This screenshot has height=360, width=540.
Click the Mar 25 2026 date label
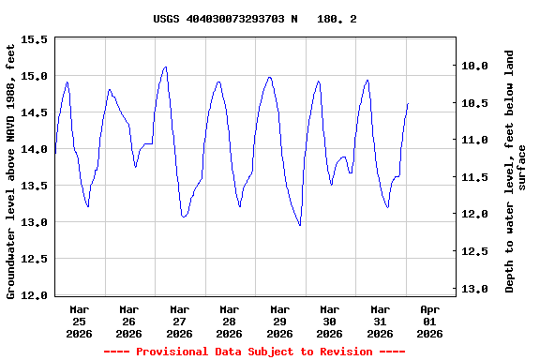click(x=79, y=321)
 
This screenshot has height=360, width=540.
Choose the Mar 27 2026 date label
click(x=179, y=321)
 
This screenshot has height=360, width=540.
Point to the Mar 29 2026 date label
click(x=279, y=321)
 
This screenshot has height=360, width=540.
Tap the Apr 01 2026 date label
click(x=429, y=321)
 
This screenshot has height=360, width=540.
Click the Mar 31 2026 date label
click(x=380, y=321)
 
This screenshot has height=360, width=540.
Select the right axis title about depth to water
click(x=517, y=171)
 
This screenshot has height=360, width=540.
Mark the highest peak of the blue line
click(x=166, y=67)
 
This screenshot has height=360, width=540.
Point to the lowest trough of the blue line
click(x=300, y=226)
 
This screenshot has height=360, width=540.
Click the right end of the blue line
click(x=408, y=103)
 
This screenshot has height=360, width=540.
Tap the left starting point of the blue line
click(x=55, y=152)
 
